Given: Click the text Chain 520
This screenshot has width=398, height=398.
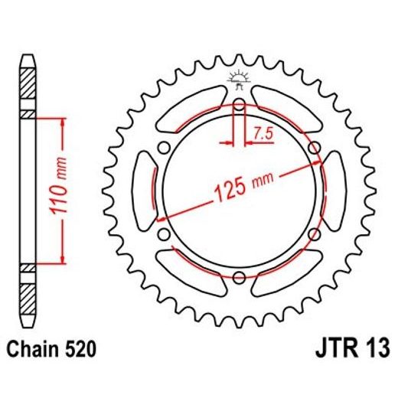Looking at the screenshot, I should (x=53, y=351).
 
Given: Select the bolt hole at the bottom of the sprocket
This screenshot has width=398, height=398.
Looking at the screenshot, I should (x=238, y=276).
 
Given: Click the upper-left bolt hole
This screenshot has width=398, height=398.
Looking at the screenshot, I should (x=163, y=147).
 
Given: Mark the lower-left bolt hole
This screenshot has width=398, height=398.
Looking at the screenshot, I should (x=163, y=233).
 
